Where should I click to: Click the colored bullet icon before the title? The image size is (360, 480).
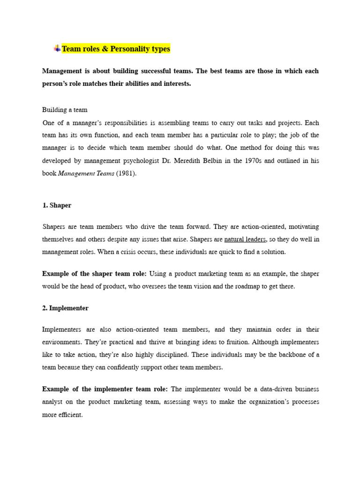[57, 48]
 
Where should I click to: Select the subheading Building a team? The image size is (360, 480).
[65, 110]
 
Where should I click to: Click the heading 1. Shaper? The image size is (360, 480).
[57, 205]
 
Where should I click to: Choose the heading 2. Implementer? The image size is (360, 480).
[65, 308]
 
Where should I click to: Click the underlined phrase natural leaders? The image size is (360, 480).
[245, 239]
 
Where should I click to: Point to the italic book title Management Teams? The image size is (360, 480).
[86, 173]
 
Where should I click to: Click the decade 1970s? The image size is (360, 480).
[256, 160]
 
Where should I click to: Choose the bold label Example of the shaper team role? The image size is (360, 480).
[94, 273]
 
